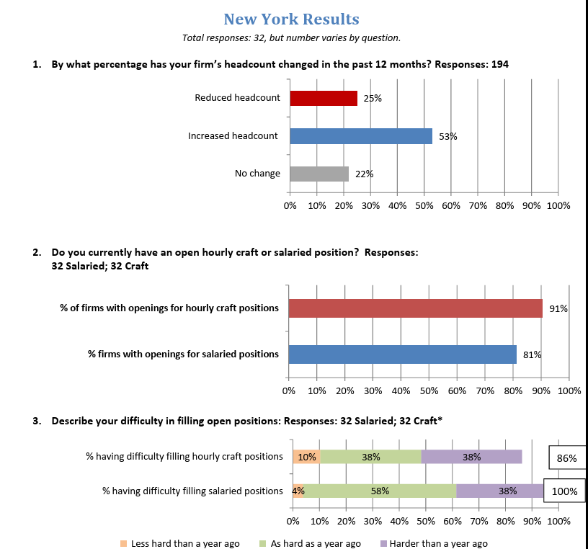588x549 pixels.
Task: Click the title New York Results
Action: (291, 19)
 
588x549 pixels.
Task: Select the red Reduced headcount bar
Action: (324, 98)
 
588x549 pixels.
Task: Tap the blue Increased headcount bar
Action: (361, 136)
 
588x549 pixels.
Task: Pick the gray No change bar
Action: (319, 174)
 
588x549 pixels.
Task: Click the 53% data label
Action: (448, 136)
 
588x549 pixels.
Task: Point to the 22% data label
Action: (365, 174)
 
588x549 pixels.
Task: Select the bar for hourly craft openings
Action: (416, 308)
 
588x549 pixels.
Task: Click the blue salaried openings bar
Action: (402, 354)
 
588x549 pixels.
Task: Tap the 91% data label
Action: (558, 308)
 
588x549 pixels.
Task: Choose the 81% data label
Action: (532, 354)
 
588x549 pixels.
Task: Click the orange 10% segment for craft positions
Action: (307, 457)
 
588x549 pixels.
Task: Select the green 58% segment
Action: (380, 491)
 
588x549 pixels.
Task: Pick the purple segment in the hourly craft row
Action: (472, 457)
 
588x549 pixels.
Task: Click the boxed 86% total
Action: (567, 458)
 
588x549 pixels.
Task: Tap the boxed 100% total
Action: (564, 491)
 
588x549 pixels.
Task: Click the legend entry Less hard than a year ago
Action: (179, 544)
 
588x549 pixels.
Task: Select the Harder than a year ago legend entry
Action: (434, 544)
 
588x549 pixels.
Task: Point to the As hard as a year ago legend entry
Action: (310, 544)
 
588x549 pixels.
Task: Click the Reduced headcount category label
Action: (237, 98)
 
